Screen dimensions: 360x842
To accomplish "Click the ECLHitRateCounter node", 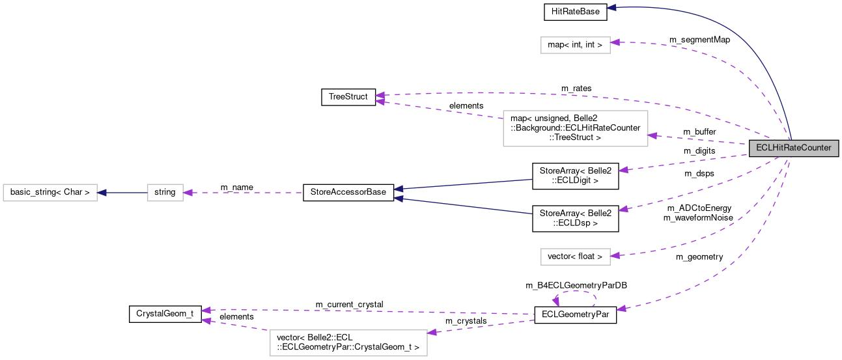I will [x=793, y=148].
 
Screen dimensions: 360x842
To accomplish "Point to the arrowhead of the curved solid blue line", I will [x=611, y=8].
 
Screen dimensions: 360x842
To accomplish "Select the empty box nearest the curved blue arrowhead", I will [x=575, y=45].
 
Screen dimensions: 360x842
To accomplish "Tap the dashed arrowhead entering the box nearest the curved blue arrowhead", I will [x=615, y=42].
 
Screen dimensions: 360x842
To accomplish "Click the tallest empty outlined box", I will [x=575, y=128].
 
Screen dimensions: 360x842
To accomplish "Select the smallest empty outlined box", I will [x=165, y=193].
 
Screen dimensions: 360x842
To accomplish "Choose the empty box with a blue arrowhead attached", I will [x=49, y=193].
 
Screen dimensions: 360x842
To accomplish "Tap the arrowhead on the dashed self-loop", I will [x=555, y=301].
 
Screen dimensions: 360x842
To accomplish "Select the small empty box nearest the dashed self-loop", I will [x=575, y=256].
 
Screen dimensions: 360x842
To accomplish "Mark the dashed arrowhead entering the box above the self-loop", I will [x=615, y=255].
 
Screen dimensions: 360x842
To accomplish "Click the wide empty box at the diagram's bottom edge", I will [x=348, y=343].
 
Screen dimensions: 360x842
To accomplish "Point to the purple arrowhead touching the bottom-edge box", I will [x=432, y=332].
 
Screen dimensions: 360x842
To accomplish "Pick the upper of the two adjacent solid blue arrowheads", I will [x=398, y=189].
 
